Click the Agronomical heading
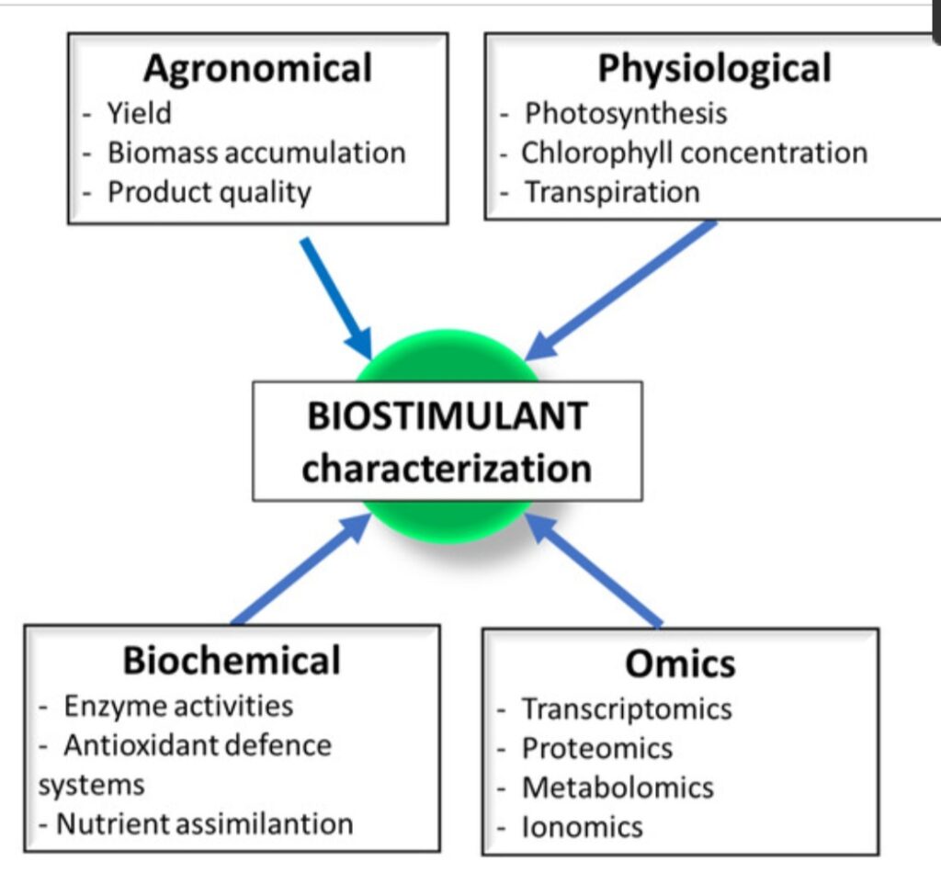click(x=257, y=69)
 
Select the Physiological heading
click(x=714, y=69)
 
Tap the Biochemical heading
click(x=232, y=661)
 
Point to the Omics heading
click(x=680, y=663)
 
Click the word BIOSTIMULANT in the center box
click(x=447, y=416)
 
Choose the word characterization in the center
click(x=447, y=469)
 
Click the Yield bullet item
click(x=139, y=114)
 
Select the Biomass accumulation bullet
click(x=256, y=153)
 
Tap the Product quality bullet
click(x=210, y=192)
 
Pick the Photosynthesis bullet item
click(x=625, y=113)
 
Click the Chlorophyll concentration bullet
click(x=694, y=153)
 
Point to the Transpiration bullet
click(x=612, y=192)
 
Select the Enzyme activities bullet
click(x=178, y=706)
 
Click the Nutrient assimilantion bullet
click(x=204, y=823)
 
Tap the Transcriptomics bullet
click(x=627, y=709)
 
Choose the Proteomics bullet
click(x=597, y=749)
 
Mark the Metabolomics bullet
click(x=618, y=788)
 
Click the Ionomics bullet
click(x=583, y=827)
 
